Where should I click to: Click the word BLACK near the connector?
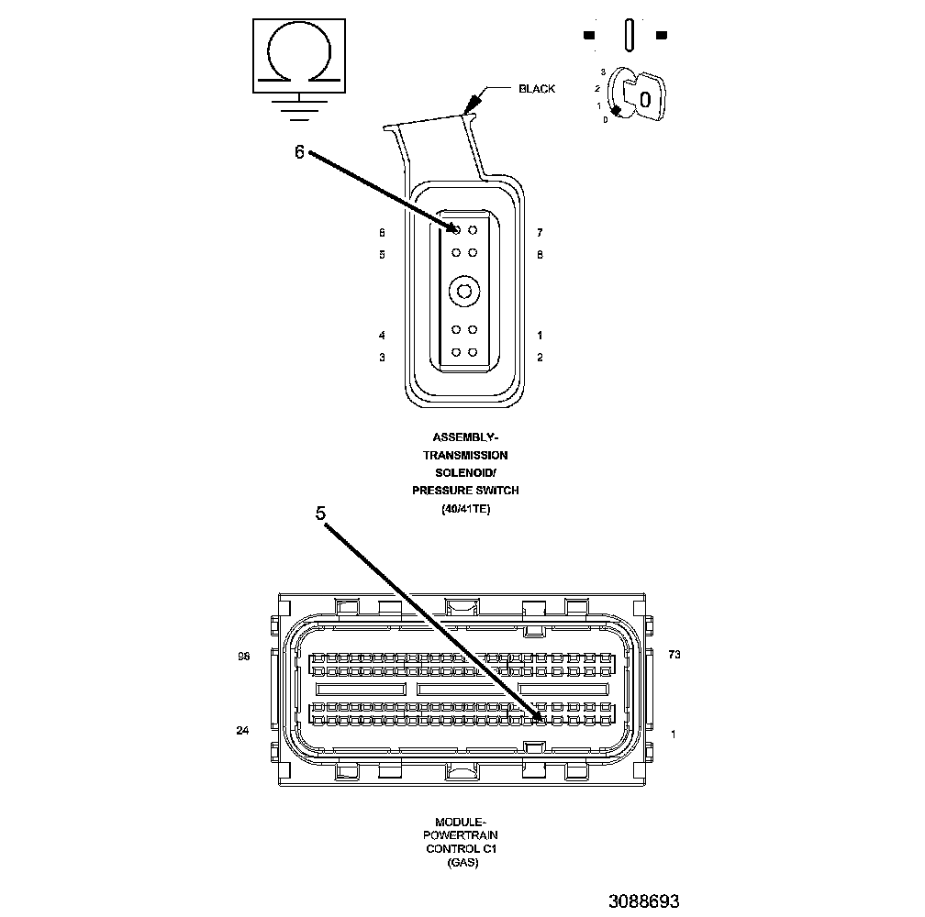coord(537,89)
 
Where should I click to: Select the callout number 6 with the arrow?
coord(299,153)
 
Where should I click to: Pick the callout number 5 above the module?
coord(320,514)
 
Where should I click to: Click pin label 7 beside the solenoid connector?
coord(540,233)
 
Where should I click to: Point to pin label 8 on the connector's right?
coord(540,254)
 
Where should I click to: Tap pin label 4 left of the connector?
coord(382,336)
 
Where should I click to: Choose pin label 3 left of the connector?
coord(382,358)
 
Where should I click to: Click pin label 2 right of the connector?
coord(540,358)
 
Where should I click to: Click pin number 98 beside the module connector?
coord(243,657)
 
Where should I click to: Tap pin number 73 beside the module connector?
coord(674,655)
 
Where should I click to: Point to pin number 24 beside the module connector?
coord(242,731)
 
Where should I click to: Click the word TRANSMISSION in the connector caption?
coord(465,455)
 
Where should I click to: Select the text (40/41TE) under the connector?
coord(465,509)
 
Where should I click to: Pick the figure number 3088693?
coord(643,901)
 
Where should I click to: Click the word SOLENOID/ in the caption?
coord(465,472)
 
